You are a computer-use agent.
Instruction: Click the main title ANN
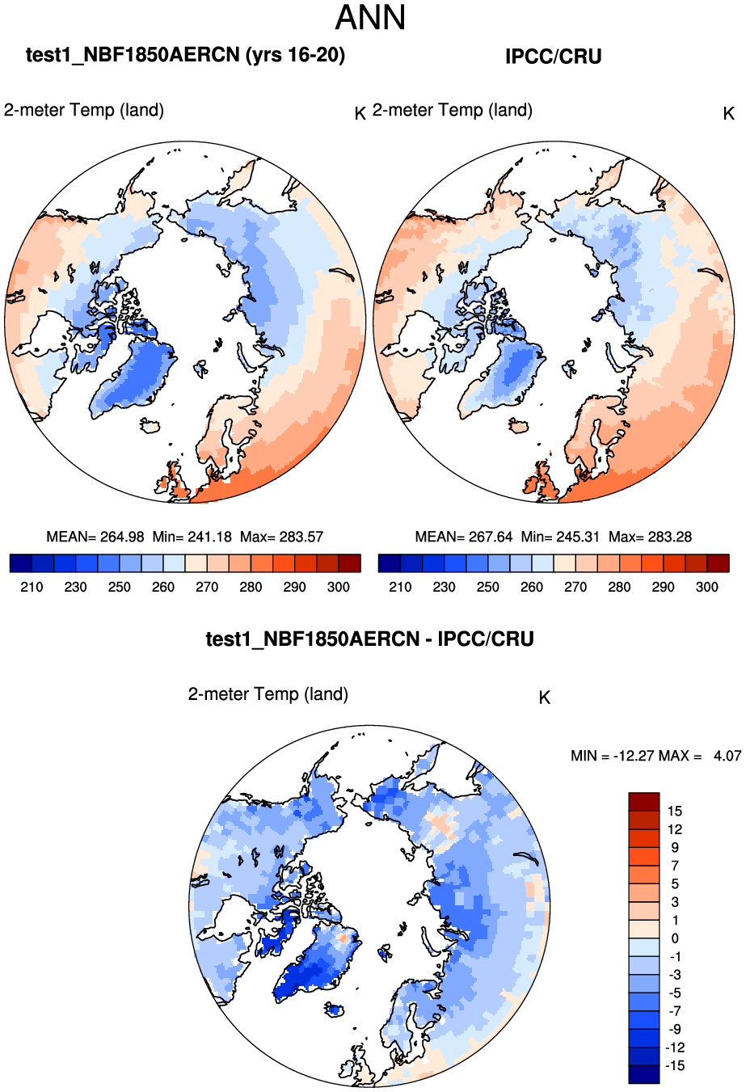(x=370, y=18)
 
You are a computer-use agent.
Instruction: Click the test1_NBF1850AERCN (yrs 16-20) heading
(x=185, y=55)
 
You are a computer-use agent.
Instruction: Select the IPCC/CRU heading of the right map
(x=553, y=57)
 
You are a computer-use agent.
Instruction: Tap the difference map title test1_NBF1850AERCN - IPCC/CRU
(x=370, y=639)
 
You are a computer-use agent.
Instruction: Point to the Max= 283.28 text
(x=650, y=537)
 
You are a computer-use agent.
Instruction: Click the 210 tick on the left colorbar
(x=32, y=587)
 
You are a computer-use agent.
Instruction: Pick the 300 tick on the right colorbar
(x=706, y=587)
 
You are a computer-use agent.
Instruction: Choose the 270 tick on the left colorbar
(x=207, y=587)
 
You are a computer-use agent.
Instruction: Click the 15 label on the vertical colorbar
(x=675, y=812)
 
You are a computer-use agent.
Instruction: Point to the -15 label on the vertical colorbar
(x=674, y=1065)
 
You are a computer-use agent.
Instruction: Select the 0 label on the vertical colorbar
(x=675, y=938)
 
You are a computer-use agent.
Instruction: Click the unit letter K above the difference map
(x=545, y=698)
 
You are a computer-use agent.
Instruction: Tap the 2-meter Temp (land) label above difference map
(x=268, y=694)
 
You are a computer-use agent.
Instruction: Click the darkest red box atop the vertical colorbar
(x=644, y=802)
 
